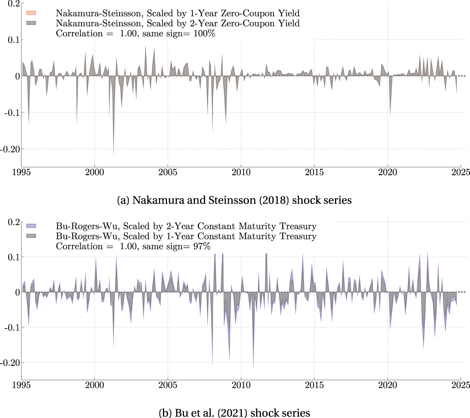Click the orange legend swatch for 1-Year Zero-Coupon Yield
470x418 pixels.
click(x=31, y=13)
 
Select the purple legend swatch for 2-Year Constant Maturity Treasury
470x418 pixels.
click(x=31, y=226)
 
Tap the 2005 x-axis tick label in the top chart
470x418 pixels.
click(x=168, y=173)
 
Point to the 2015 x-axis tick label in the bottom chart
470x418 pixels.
click(x=314, y=385)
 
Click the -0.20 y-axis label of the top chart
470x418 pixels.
click(x=10, y=149)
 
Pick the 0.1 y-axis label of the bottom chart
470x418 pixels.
click(x=13, y=257)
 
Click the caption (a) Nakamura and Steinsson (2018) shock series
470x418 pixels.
click(x=234, y=200)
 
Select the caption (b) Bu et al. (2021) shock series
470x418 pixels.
click(x=234, y=413)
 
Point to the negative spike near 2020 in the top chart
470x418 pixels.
click(x=390, y=114)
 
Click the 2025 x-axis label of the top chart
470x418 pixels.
click(x=460, y=173)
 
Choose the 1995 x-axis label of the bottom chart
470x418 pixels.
click(x=21, y=385)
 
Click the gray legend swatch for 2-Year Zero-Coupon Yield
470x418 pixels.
click(x=31, y=23)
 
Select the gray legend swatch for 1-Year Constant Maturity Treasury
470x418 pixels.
click(x=31, y=236)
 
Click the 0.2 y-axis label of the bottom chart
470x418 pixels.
click(x=13, y=222)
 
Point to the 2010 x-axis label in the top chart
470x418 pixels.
click(x=241, y=173)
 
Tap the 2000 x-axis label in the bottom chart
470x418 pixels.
click(x=94, y=385)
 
